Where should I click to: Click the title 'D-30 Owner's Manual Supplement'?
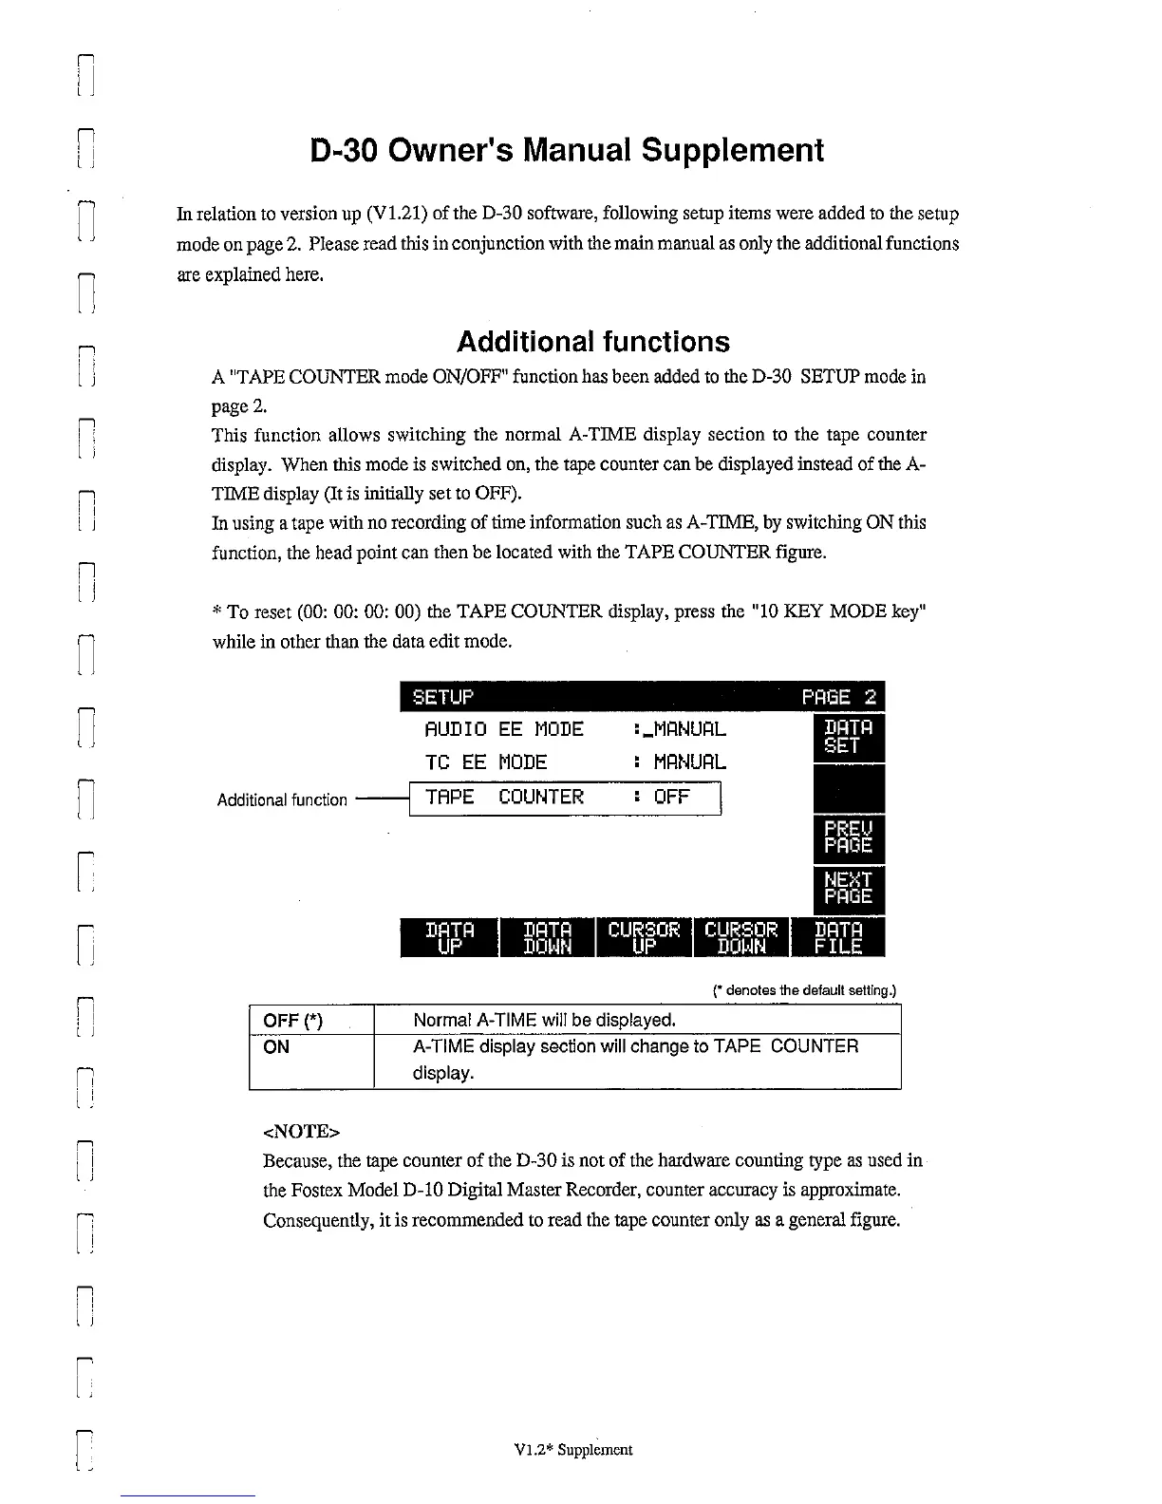(x=567, y=150)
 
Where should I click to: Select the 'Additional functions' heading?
(x=593, y=342)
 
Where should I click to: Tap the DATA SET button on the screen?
(x=848, y=738)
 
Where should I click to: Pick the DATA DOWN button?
(x=548, y=937)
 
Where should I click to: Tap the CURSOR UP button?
(x=644, y=937)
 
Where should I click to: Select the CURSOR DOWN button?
(x=741, y=937)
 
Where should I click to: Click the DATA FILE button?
(x=839, y=937)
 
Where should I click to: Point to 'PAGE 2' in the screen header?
(x=840, y=698)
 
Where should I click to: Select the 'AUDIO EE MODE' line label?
(x=503, y=729)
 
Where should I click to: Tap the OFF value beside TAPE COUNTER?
(x=671, y=797)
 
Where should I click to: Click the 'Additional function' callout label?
(x=282, y=800)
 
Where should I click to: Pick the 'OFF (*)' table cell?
(x=293, y=1021)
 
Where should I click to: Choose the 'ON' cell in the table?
(x=276, y=1047)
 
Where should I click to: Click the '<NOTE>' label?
(x=301, y=1132)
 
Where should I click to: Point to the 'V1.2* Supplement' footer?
(x=572, y=1450)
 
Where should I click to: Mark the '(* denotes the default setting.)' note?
(x=804, y=991)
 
